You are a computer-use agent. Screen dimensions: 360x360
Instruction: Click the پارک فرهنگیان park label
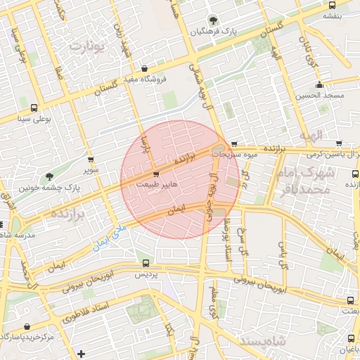[x=214, y=32]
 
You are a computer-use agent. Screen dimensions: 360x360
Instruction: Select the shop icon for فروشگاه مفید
[x=144, y=69]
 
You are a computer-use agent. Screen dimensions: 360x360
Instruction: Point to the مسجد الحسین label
[x=319, y=95]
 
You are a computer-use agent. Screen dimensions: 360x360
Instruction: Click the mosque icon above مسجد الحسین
[x=319, y=83]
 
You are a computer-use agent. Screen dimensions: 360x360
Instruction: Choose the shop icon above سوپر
[x=90, y=160]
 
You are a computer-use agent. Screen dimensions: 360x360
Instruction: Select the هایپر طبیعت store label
[x=155, y=184]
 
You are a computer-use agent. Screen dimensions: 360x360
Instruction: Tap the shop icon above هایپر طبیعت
[x=155, y=174]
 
